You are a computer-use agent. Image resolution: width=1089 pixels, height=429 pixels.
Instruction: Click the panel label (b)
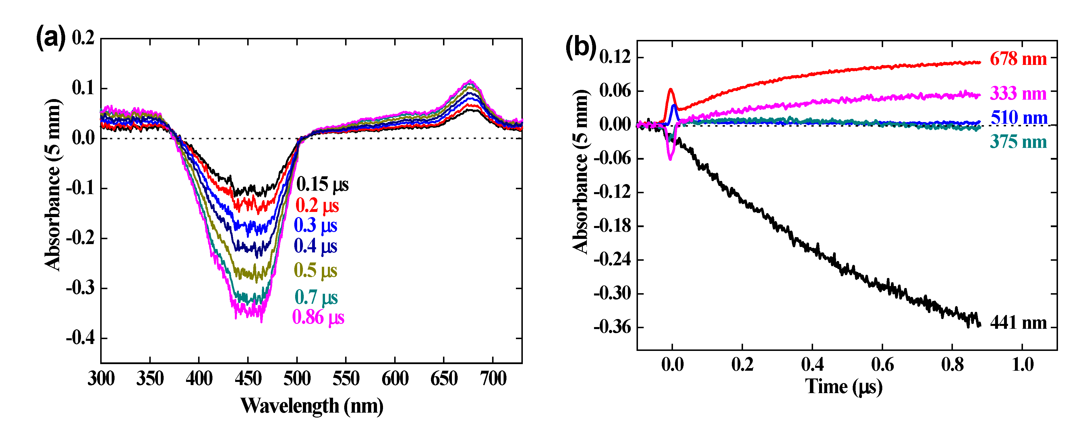click(x=581, y=47)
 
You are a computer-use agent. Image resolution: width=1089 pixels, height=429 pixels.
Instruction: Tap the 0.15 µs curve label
click(x=322, y=184)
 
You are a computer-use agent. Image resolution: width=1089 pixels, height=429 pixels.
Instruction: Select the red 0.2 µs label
click(x=317, y=205)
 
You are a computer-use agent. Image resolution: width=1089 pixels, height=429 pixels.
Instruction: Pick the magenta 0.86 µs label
click(x=318, y=317)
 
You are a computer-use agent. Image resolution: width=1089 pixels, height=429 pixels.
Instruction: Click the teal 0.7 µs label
click(x=316, y=297)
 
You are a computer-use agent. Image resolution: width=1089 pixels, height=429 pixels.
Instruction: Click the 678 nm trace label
click(x=1018, y=59)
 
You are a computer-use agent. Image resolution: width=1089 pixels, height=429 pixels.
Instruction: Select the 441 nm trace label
click(x=1018, y=323)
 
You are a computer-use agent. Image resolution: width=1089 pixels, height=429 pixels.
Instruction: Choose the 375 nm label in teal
click(x=1018, y=142)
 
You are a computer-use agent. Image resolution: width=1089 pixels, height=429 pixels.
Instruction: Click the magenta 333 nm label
click(x=1018, y=93)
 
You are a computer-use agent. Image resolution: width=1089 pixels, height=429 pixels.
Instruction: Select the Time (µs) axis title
click(x=844, y=386)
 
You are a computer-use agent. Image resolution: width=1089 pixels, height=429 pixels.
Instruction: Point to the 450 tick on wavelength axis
click(x=248, y=378)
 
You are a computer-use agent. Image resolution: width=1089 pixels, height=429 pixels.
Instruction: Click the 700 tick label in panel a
click(x=493, y=378)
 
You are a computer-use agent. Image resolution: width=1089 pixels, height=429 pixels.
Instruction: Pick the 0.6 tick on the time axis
click(x=882, y=364)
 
